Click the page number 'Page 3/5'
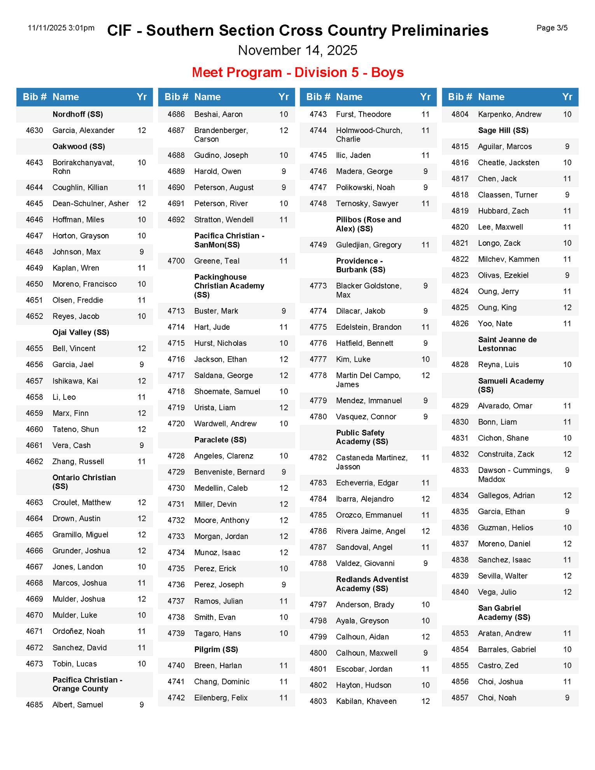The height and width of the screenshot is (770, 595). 551,28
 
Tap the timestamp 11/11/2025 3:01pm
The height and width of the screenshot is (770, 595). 61,28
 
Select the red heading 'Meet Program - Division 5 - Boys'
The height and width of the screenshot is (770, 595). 297,72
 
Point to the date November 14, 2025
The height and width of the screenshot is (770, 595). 297,51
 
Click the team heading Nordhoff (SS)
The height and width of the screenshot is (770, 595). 78,114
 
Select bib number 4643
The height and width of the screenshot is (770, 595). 34,163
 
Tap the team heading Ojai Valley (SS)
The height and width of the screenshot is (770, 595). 80,332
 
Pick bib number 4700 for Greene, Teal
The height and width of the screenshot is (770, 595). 176,261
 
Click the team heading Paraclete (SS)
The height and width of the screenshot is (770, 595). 220,439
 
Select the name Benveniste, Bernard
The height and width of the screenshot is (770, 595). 229,472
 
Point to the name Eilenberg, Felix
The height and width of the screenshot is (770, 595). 221,698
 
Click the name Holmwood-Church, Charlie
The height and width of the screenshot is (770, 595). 369,135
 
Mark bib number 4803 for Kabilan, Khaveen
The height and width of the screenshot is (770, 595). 318,701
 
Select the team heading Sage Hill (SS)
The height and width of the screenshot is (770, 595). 503,130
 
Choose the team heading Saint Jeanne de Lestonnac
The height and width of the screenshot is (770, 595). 507,344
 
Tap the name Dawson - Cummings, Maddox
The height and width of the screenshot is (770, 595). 514,475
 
